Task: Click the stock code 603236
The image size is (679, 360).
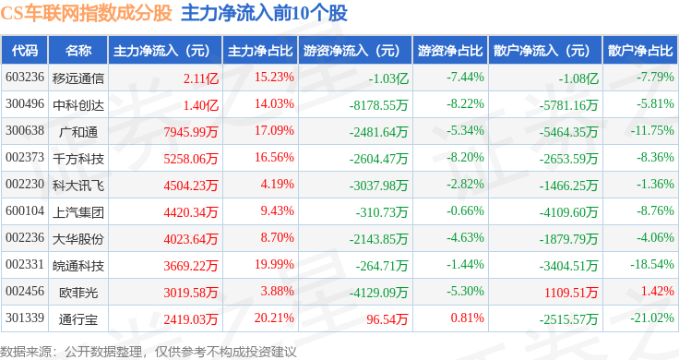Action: [25, 78]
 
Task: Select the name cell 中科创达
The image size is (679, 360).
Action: [78, 105]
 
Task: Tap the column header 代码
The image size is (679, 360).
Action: [25, 51]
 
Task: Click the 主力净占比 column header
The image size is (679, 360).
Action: [260, 51]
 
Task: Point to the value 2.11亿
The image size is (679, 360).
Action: [201, 78]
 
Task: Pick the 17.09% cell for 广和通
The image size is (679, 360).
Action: [274, 130]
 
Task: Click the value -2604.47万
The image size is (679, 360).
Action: [378, 159]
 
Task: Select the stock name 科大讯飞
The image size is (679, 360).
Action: [78, 186]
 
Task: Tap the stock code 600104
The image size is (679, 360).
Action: [25, 211]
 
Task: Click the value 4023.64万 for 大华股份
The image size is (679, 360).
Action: [191, 239]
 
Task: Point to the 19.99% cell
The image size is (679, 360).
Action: [274, 264]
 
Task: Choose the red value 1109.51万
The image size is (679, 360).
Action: [571, 293]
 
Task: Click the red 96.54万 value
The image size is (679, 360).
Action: [387, 319]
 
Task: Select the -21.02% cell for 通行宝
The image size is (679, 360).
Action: [652, 318]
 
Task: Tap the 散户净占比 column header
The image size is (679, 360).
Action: [640, 51]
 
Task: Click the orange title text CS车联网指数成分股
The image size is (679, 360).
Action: [86, 14]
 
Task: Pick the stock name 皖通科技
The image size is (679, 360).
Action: [78, 266]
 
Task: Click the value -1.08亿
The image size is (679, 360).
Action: [578, 78]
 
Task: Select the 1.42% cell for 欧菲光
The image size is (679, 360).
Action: [658, 291]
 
